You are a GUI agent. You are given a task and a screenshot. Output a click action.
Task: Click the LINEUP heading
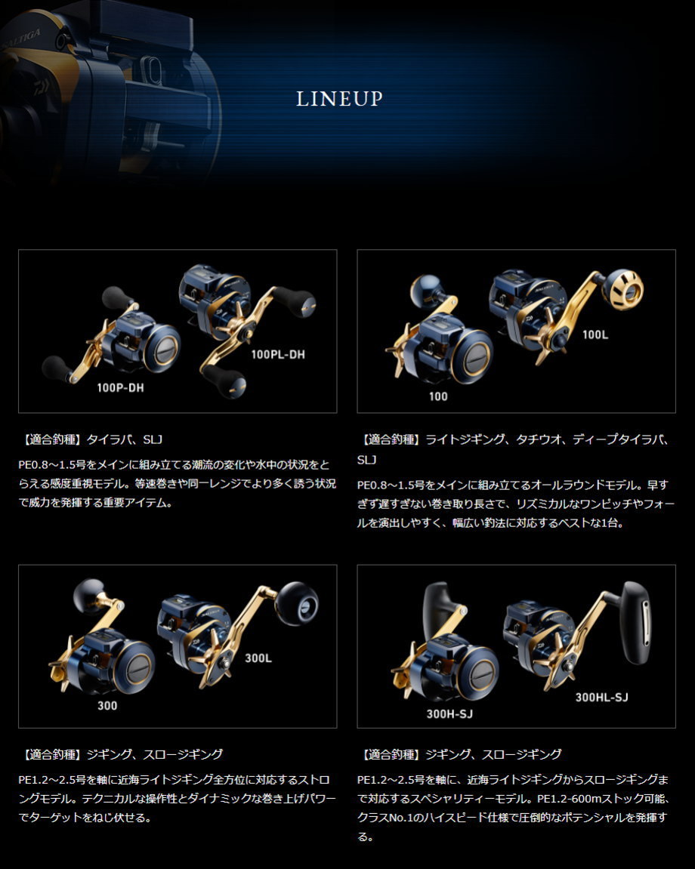(339, 99)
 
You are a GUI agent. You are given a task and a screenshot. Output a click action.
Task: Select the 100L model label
(595, 334)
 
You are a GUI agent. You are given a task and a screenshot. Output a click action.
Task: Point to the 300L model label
(258, 658)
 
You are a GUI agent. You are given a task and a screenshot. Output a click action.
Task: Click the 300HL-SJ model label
(601, 697)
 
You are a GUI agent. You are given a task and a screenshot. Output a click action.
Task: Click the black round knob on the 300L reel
(296, 604)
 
